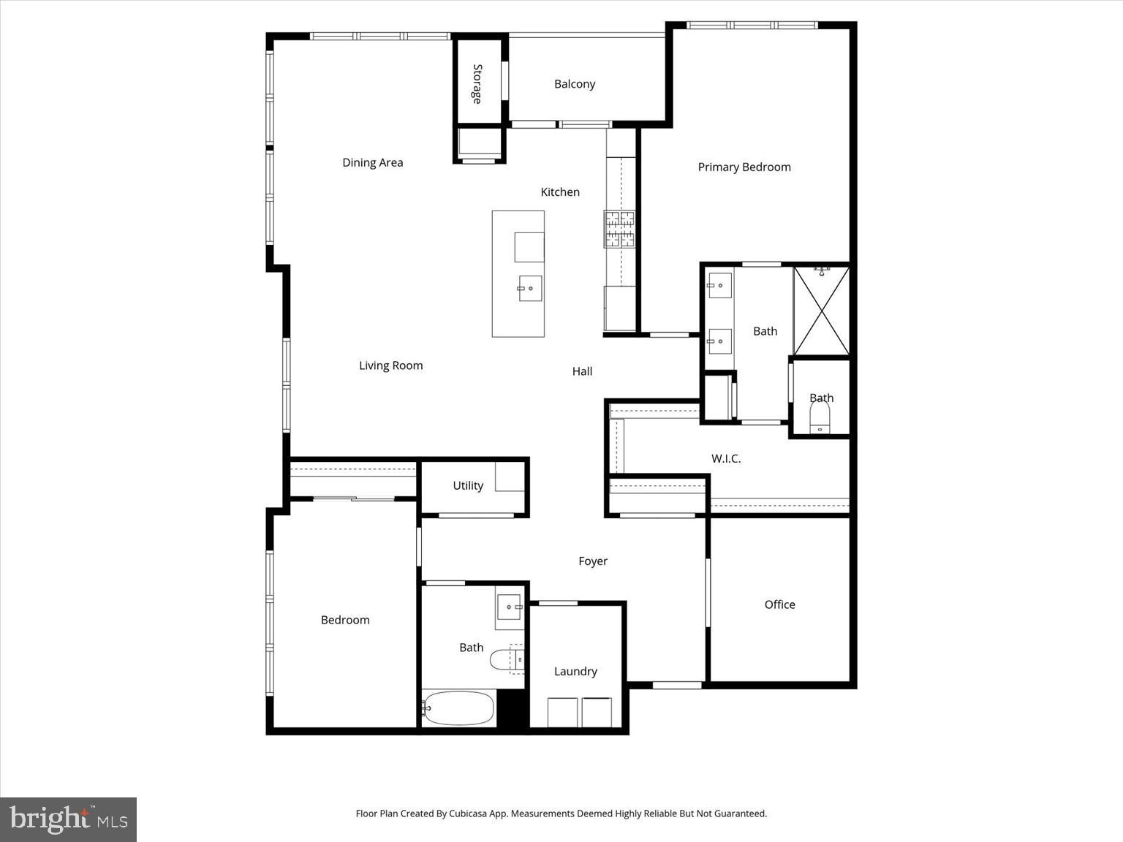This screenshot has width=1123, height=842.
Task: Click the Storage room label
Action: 477,83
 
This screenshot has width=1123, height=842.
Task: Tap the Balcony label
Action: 575,84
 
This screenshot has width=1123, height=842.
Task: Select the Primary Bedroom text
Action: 744,167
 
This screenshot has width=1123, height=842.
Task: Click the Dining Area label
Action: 373,163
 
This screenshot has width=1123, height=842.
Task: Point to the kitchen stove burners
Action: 619,229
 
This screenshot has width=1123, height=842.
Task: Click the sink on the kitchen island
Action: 529,289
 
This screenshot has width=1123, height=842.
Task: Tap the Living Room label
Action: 390,366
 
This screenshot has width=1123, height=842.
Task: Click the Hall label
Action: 582,371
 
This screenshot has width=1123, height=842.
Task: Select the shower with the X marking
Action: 822,311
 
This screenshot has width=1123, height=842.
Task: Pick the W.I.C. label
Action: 726,459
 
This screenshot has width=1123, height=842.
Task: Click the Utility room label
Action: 468,486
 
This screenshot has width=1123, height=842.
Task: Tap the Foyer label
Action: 593,561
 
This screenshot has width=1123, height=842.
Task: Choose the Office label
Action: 779,604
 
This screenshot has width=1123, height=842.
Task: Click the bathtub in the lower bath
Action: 459,708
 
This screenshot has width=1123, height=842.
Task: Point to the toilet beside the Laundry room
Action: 504,660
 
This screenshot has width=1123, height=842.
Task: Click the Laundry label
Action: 575,672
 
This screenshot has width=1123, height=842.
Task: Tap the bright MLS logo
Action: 69,819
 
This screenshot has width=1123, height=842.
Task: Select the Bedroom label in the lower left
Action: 345,621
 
